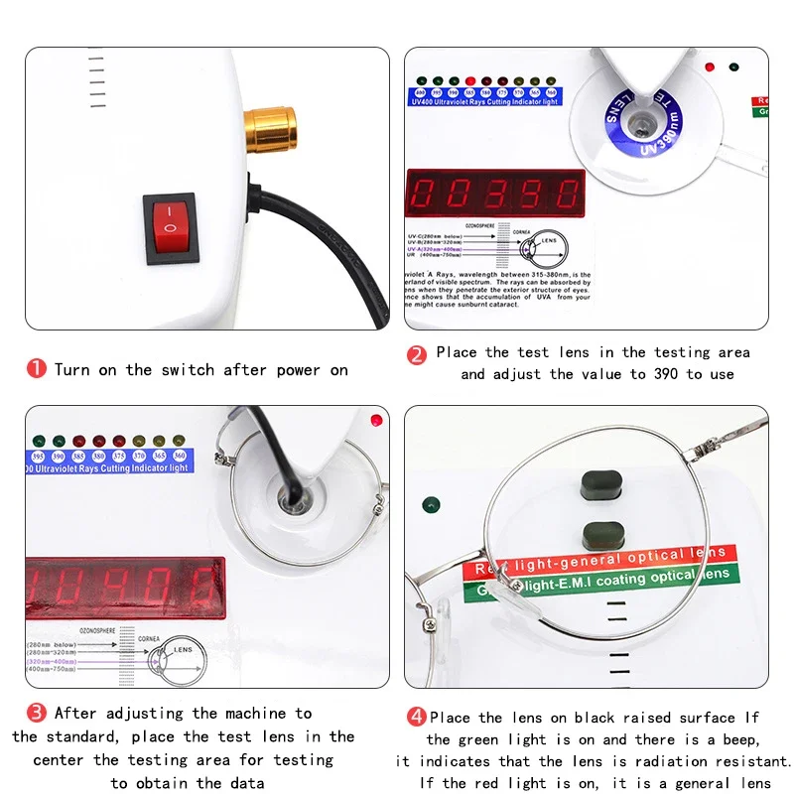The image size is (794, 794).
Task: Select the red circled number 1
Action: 36,369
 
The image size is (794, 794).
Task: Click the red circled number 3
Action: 36,713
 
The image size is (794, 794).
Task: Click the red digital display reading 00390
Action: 494,193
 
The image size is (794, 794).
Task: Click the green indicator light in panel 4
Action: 431,504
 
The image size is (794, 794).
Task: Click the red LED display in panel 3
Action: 124,587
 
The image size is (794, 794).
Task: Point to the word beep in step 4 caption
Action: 735,739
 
